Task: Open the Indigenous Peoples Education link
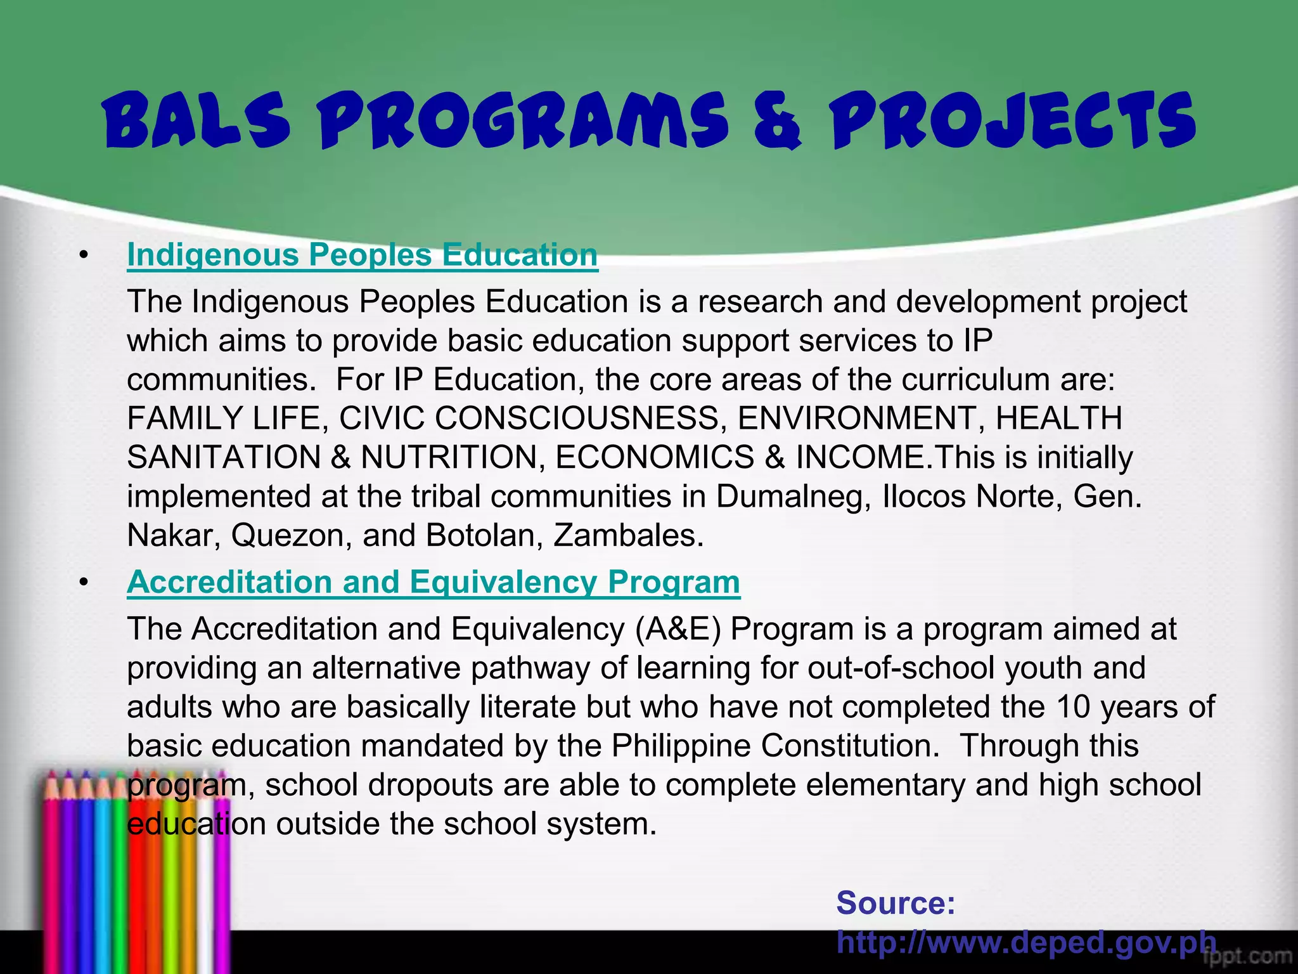(362, 255)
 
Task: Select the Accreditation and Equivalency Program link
(433, 582)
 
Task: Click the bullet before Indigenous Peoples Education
(82, 256)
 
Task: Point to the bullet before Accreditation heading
(82, 583)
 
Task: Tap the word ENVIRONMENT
(856, 419)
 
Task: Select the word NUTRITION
(449, 458)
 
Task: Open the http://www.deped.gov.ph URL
(1025, 942)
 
